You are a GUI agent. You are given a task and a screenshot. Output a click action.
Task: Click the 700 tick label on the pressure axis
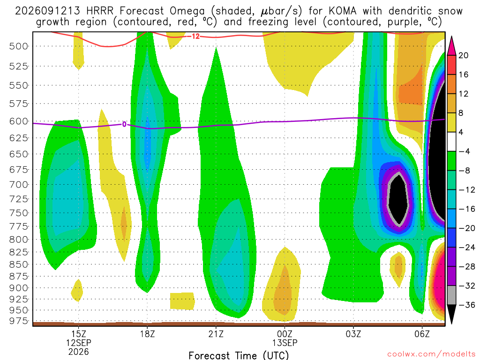[x=19, y=185]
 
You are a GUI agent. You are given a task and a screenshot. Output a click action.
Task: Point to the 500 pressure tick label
[x=19, y=46]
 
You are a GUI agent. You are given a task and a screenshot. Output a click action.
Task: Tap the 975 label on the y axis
[x=19, y=321]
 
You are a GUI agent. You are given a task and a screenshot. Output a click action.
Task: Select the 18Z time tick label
[x=148, y=334]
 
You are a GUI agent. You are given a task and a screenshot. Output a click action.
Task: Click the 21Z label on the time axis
[x=216, y=334]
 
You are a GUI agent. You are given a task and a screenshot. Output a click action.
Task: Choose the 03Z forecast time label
[x=353, y=334]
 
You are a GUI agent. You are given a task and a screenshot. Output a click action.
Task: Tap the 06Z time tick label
[x=422, y=334]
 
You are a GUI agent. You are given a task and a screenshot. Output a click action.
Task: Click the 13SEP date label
[x=285, y=343]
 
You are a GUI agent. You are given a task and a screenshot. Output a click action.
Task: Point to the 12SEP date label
[x=79, y=343]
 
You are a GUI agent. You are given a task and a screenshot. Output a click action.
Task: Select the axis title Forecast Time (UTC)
[x=239, y=355]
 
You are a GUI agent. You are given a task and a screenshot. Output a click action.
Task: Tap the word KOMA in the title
[x=343, y=11]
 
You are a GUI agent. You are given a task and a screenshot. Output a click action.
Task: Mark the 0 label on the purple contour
[x=124, y=124]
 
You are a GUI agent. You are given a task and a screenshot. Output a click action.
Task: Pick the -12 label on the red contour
[x=194, y=37]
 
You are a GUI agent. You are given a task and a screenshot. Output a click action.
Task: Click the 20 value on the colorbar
[x=463, y=55]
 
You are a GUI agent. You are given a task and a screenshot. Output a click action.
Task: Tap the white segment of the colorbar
[x=451, y=142]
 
